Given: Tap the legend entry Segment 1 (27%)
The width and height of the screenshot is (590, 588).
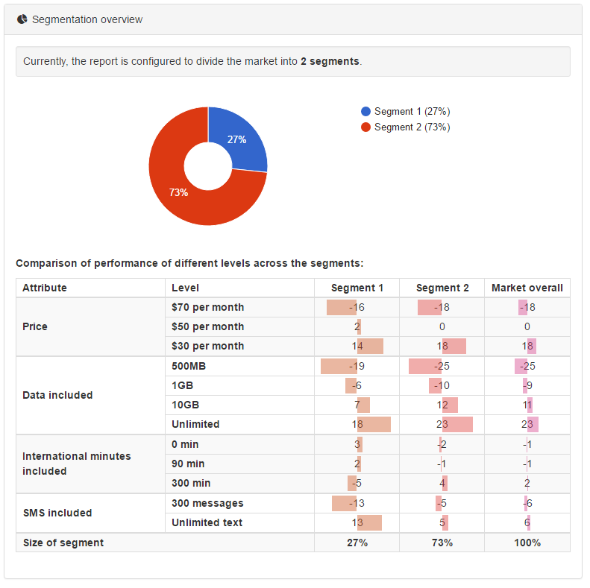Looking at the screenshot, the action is coord(406,111).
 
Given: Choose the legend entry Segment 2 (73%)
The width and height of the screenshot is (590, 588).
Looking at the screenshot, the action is coord(406,127).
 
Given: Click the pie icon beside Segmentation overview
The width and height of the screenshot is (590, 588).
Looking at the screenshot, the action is coord(22,19).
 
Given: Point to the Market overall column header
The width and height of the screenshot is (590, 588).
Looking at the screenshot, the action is coord(527,288).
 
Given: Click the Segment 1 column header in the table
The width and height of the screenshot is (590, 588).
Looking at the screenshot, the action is coord(357,288).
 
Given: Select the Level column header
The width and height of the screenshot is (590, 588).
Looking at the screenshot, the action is coord(185,288).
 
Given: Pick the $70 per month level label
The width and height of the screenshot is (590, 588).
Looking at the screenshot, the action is coord(207,307).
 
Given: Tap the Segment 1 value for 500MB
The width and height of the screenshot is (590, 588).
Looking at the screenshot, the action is coord(357,366).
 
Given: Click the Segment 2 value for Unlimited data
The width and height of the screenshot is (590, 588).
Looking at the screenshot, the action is coord(442,424).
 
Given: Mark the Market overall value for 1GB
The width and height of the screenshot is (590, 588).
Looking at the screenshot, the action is coord(527,385).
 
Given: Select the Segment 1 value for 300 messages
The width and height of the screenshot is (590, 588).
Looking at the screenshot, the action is coord(357,503).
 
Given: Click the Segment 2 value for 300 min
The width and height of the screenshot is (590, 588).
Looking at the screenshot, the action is coord(442,483).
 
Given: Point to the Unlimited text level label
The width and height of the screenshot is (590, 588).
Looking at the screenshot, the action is coord(207,522).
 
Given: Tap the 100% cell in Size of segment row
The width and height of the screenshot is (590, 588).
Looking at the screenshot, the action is coord(527,543).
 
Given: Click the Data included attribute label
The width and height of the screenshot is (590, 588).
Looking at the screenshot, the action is coord(57,395).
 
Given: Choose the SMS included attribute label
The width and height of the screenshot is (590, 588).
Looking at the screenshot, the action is coord(57,513).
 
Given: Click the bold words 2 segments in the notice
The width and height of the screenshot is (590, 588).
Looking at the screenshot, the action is coord(330,61).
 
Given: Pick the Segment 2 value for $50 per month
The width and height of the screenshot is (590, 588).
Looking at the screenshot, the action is coord(442,326).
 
